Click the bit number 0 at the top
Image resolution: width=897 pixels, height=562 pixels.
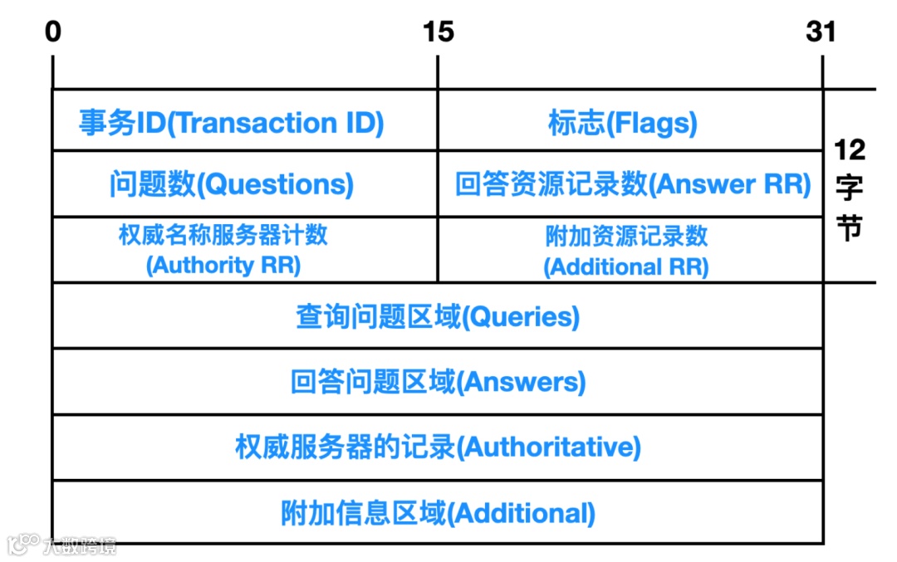click(x=53, y=32)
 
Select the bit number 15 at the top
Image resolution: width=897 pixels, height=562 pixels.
click(x=438, y=32)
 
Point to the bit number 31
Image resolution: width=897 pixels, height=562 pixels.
click(x=821, y=32)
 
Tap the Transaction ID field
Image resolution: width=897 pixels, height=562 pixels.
click(x=232, y=123)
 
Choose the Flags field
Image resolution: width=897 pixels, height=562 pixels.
click(x=623, y=123)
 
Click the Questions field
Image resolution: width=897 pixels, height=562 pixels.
click(x=232, y=184)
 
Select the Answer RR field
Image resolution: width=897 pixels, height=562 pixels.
click(x=632, y=184)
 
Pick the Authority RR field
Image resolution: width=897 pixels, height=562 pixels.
click(x=223, y=250)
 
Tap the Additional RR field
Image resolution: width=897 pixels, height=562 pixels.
click(x=626, y=251)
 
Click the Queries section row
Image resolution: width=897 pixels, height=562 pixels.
click(x=438, y=316)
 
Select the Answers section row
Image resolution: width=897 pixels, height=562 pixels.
click(x=438, y=382)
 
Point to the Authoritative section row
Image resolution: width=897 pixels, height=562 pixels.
click(x=438, y=447)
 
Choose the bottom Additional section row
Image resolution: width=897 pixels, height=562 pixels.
click(x=438, y=513)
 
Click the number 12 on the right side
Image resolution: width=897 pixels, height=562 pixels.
click(x=849, y=150)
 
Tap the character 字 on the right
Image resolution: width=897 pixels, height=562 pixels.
click(x=849, y=188)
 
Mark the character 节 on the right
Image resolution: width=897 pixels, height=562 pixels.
click(x=849, y=227)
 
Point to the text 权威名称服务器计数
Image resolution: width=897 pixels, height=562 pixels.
click(x=223, y=235)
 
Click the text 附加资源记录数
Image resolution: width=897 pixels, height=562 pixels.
click(x=626, y=236)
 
